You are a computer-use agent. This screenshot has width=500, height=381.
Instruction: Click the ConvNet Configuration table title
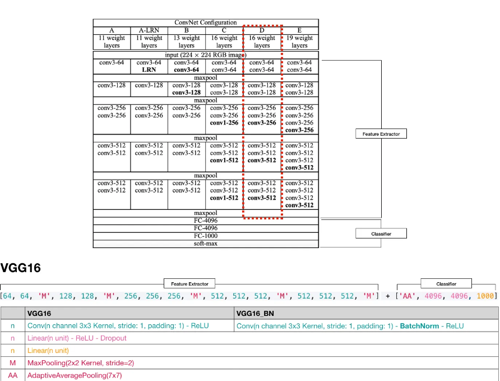205,22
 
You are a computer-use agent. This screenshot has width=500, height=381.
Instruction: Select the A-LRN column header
149,30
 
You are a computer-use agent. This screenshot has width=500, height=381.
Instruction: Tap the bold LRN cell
149,70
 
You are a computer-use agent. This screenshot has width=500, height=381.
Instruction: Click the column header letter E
299,30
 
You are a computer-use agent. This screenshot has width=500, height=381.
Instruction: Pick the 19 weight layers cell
299,42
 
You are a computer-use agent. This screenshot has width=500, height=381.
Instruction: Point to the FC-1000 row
205,236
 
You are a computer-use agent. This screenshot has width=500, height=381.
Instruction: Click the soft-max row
205,244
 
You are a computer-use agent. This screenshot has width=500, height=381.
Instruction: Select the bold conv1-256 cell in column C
224,122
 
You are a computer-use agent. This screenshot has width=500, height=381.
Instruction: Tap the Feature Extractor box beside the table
381,134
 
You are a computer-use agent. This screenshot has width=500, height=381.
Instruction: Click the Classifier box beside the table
381,233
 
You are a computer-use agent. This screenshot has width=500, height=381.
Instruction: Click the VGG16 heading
21,268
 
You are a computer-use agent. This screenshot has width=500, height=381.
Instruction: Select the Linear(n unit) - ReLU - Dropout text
77,338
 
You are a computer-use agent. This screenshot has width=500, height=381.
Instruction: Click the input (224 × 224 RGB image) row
205,55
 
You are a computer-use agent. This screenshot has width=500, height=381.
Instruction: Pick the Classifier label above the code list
446,284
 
